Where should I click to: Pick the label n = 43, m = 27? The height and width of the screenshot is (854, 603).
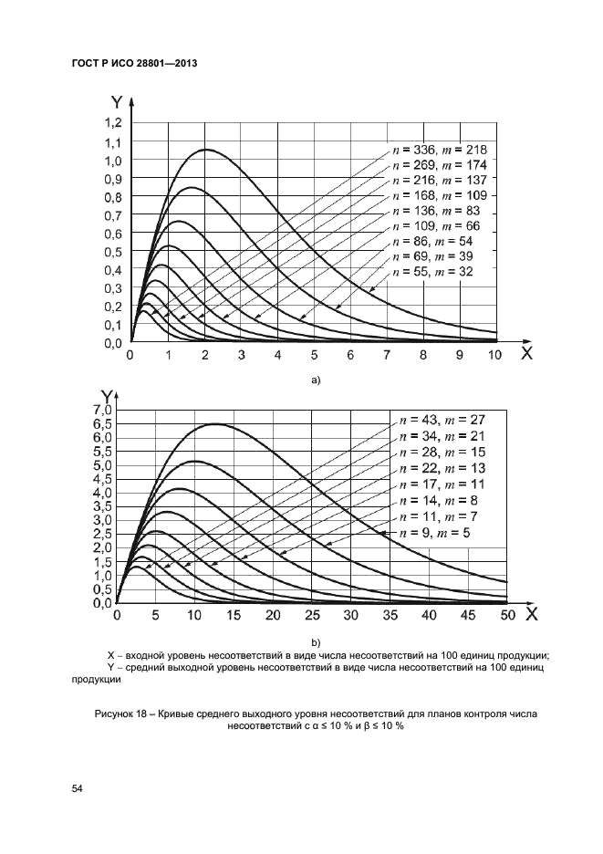click(x=441, y=421)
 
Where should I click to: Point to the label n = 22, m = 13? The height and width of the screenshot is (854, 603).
click(x=441, y=469)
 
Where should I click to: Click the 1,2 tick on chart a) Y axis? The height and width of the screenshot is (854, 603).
click(x=115, y=123)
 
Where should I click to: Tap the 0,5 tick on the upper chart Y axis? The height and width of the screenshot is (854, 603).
click(x=115, y=252)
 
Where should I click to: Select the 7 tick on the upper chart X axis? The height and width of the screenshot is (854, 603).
click(x=387, y=357)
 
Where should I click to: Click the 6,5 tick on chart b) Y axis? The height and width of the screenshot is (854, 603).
click(x=102, y=424)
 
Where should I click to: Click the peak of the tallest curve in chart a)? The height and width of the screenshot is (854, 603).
click(x=207, y=150)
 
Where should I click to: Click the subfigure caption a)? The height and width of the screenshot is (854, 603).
click(x=316, y=380)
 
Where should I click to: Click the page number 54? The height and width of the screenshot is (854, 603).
click(x=77, y=791)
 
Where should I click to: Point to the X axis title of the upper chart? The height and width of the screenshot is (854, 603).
click(x=526, y=354)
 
